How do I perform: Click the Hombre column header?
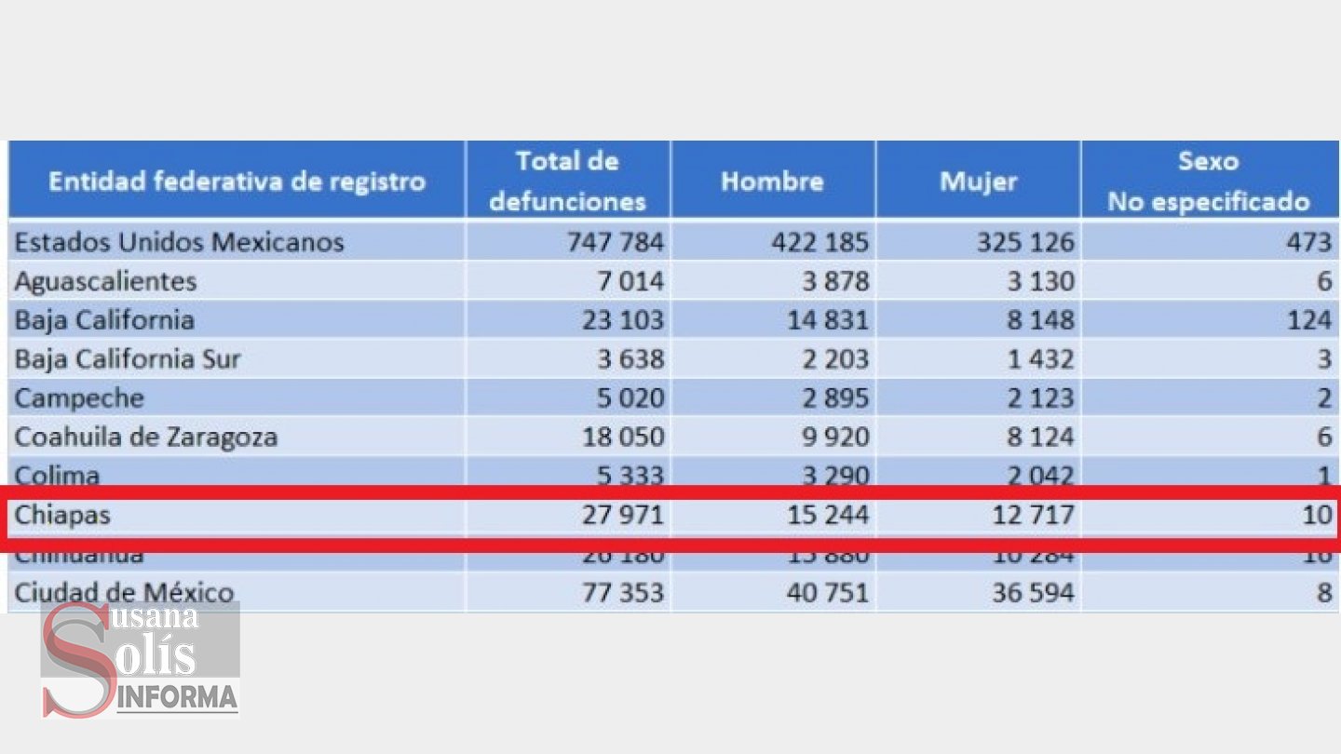(x=772, y=181)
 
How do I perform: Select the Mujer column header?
(x=978, y=181)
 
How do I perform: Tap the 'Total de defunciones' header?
(x=567, y=181)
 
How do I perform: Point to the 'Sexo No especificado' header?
(x=1208, y=181)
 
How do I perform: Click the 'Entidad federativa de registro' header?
(x=237, y=181)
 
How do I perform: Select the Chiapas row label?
(x=62, y=514)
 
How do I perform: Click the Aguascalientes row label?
(x=105, y=281)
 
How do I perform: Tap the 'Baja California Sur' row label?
(x=128, y=359)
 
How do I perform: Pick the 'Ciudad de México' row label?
(x=124, y=593)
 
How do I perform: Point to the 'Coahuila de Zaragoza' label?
(x=146, y=437)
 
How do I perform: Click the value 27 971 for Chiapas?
(x=616, y=514)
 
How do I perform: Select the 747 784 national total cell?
(x=616, y=243)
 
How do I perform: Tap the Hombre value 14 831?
(x=820, y=320)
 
